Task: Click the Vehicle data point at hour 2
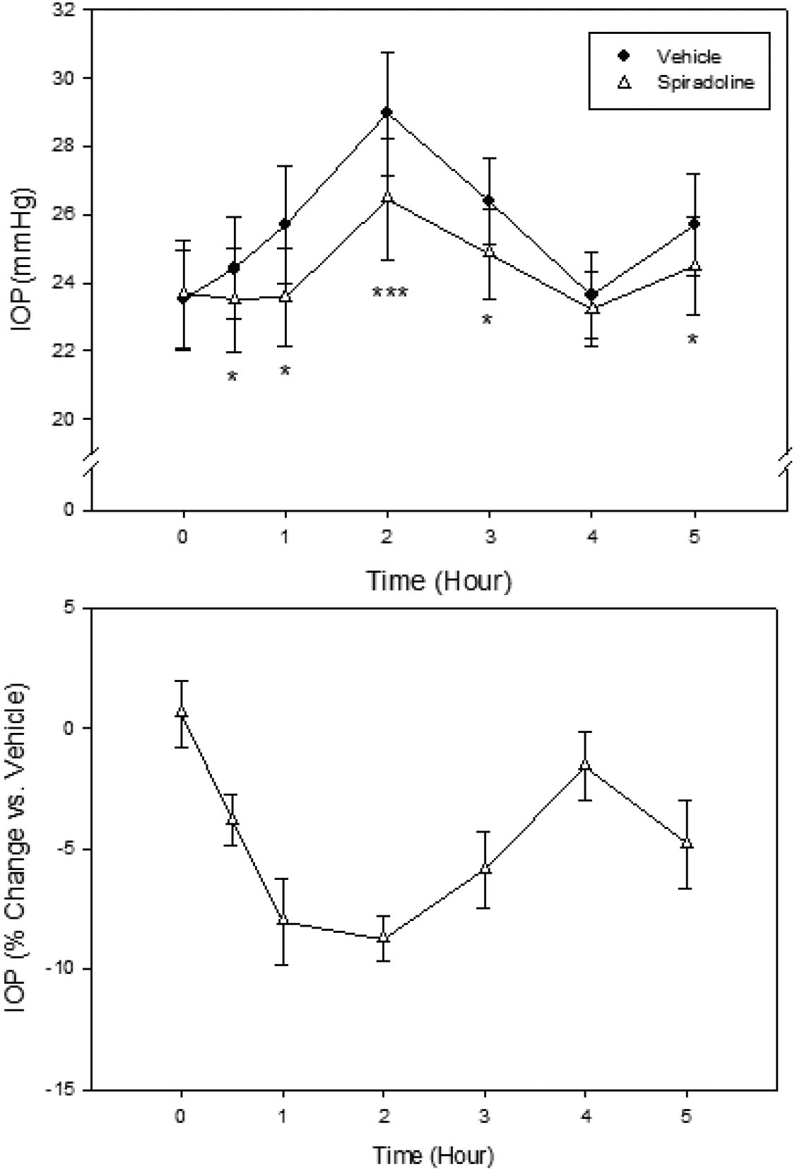click(x=386, y=112)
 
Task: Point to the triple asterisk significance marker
click(x=389, y=292)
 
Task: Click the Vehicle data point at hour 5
click(x=694, y=224)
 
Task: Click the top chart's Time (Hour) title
click(x=438, y=581)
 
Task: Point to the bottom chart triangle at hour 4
click(x=585, y=765)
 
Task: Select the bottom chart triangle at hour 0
click(x=182, y=712)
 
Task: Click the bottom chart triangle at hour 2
click(x=384, y=937)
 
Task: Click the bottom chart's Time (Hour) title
click(x=433, y=1156)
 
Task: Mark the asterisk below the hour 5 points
click(x=692, y=339)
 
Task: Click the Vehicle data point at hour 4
click(x=591, y=294)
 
